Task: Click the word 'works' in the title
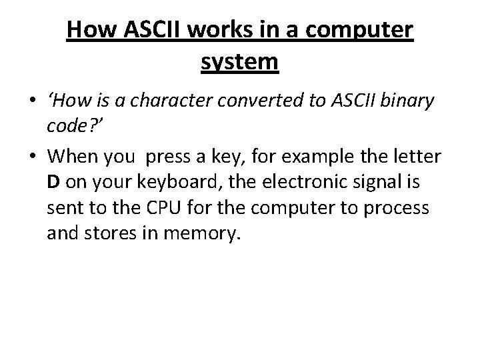click(213, 30)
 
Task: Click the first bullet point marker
click(33, 102)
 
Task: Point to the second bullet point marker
click(33, 158)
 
